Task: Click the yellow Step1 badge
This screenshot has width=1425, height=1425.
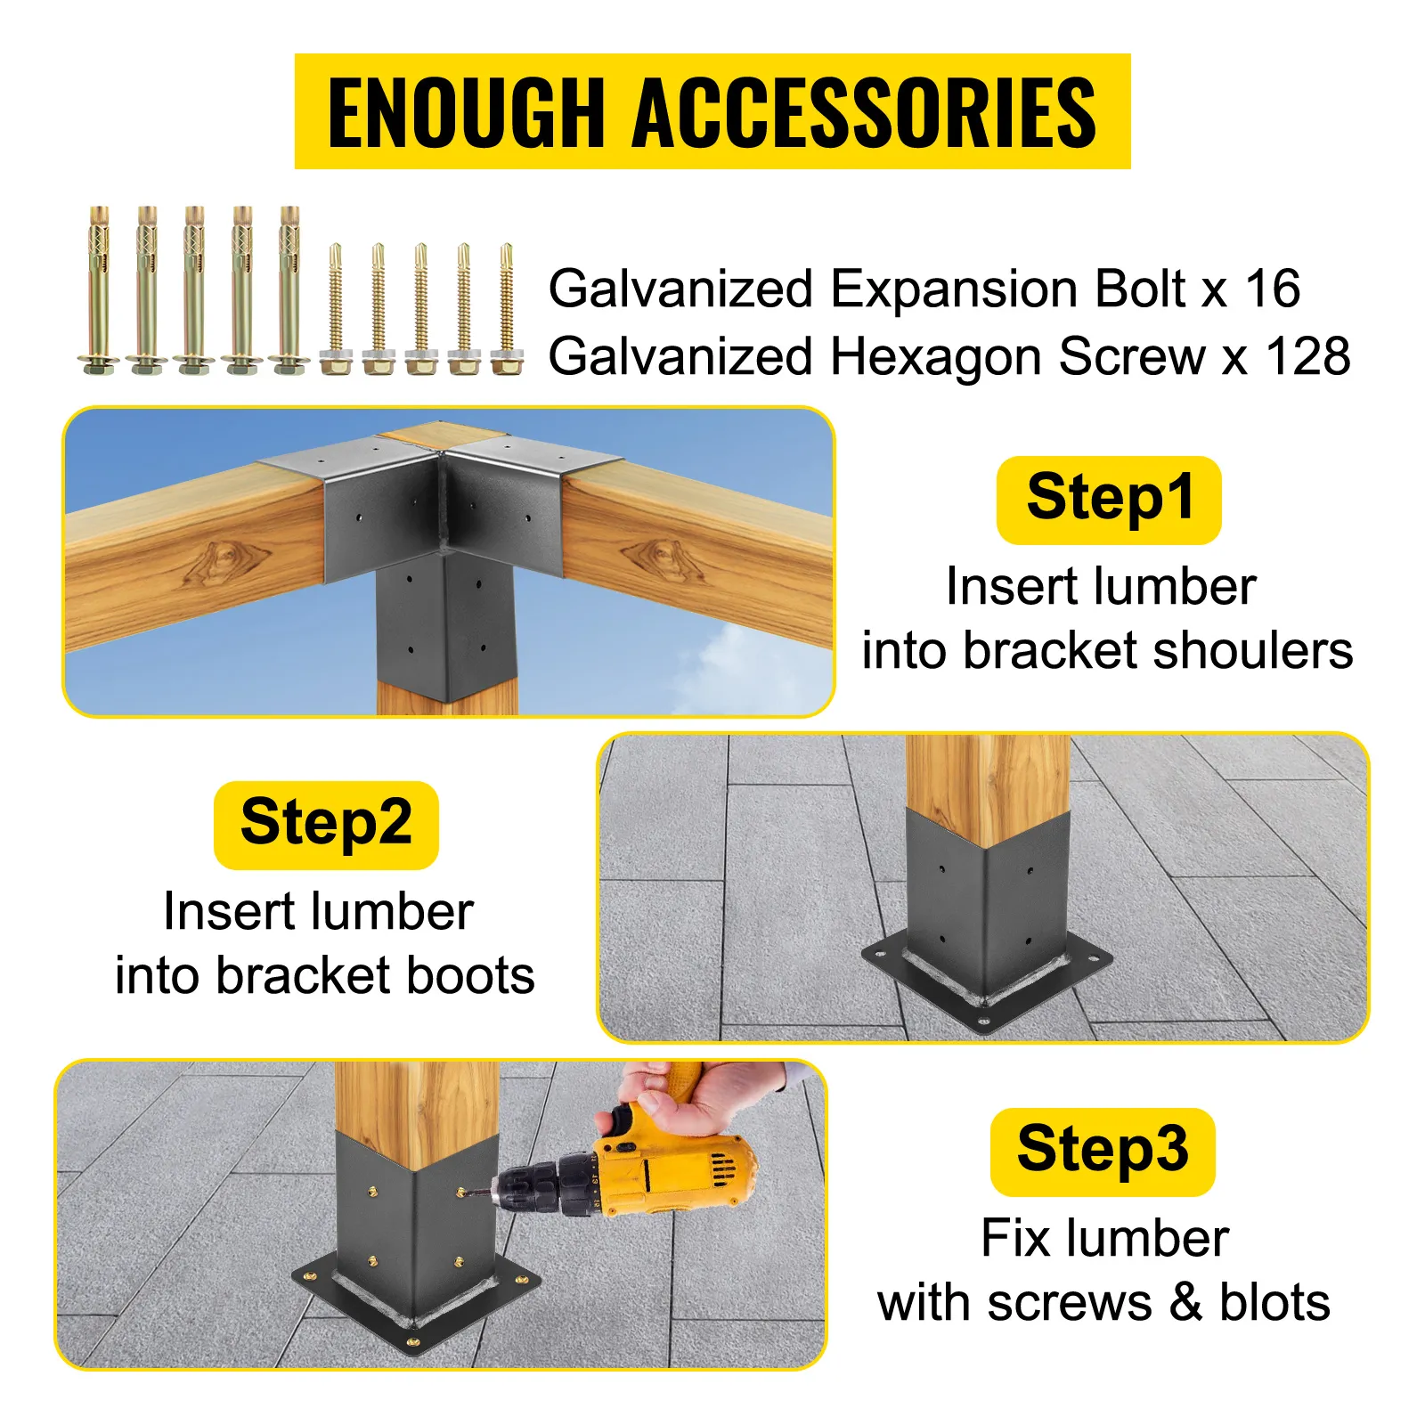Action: click(1108, 500)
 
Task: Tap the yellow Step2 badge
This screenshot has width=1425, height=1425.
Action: click(326, 825)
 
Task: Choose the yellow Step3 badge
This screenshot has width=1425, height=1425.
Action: click(1103, 1151)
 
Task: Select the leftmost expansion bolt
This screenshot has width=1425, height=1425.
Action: click(99, 290)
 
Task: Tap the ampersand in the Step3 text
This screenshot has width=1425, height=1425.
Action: click(1185, 1302)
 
